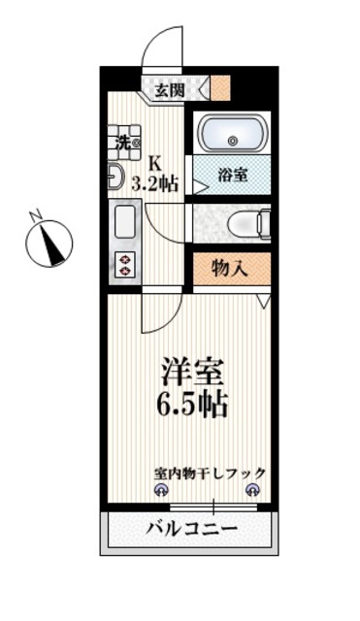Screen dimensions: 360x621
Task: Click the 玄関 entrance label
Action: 170,90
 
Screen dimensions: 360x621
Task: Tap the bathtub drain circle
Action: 233,140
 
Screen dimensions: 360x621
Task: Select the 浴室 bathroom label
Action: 233,175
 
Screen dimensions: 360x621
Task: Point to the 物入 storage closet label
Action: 230,269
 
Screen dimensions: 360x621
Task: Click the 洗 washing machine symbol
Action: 124,143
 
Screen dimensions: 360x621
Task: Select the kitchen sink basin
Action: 125,222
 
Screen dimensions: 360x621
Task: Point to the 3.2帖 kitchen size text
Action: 155,183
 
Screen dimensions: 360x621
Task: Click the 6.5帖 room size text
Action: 192,404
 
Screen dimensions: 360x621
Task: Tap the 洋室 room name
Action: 192,372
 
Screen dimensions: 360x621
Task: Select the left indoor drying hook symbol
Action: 161,490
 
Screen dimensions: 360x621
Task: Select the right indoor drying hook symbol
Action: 252,490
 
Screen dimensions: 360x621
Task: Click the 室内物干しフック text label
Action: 210,473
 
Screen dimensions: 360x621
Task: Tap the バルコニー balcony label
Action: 191,528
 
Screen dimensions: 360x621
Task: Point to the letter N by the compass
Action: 36,213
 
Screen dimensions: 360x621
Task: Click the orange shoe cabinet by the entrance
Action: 220,88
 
